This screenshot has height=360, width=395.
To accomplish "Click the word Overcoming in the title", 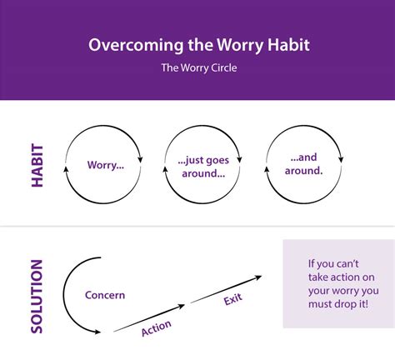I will coord(128,44).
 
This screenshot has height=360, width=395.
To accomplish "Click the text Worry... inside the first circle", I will coord(106,165).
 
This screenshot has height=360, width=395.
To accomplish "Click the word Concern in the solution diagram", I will coord(105,295).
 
